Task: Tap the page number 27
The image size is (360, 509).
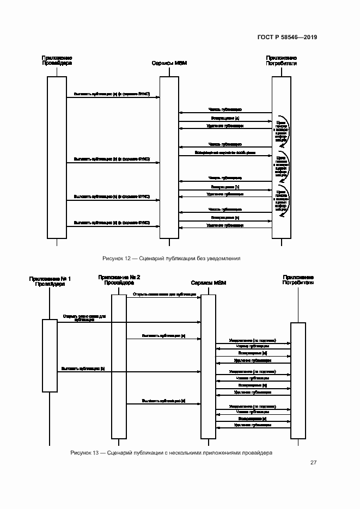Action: click(x=314, y=463)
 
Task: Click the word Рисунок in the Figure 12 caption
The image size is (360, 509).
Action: click(x=113, y=258)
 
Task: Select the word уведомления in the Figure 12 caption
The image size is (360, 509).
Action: click(x=224, y=258)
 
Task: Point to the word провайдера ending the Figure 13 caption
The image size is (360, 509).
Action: click(x=258, y=453)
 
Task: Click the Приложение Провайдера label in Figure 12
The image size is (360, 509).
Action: click(x=57, y=60)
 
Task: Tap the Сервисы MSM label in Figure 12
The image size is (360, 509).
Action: click(x=169, y=64)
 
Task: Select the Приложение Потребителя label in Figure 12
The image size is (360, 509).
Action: click(x=281, y=60)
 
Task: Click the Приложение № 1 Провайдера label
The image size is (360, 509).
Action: click(x=50, y=281)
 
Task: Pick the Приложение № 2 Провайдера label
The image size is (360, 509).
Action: click(x=119, y=280)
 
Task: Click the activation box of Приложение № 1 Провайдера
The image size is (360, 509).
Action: click(x=50, y=355)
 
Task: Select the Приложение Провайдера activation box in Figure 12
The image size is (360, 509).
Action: click(x=57, y=157)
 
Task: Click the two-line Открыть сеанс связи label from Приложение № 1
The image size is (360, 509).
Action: click(x=84, y=318)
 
